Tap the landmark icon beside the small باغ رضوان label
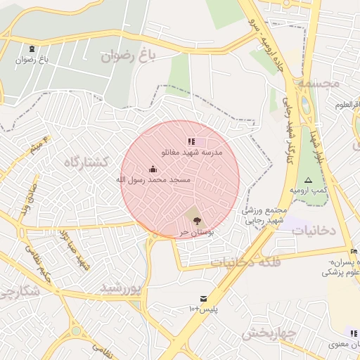coord(33,49)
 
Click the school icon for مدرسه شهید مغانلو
coord(192,142)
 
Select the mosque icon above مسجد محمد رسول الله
coord(153,169)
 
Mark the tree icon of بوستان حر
coord(195,221)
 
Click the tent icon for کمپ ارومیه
coord(308,180)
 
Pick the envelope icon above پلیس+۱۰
coord(203,299)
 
